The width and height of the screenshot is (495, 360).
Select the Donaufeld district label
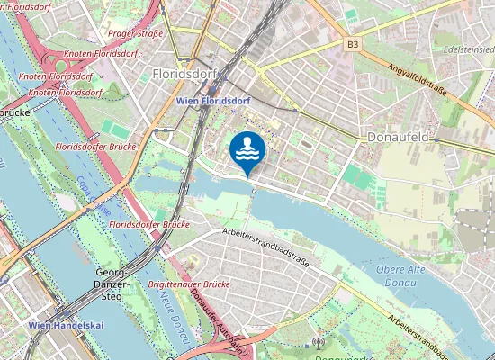click(397, 137)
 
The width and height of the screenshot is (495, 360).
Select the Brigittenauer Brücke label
click(188, 284)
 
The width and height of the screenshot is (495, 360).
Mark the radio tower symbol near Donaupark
click(317, 342)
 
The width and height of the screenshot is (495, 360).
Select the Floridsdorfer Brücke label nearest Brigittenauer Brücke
click(149, 223)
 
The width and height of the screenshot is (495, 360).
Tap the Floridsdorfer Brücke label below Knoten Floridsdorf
click(94, 146)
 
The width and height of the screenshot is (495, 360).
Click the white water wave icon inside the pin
click(247, 148)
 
